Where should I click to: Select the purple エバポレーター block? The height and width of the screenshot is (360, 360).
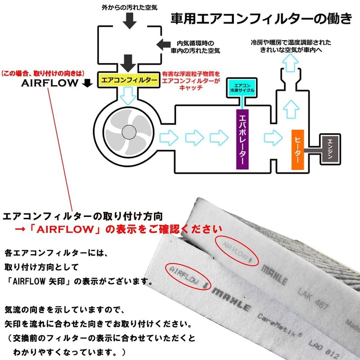coord(243,139)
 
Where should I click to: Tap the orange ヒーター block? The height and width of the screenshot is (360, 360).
coord(299,149)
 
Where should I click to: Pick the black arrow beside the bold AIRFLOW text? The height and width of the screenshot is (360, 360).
coord(88,83)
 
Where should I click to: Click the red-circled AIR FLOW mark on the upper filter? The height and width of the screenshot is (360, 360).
coord(235,249)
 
